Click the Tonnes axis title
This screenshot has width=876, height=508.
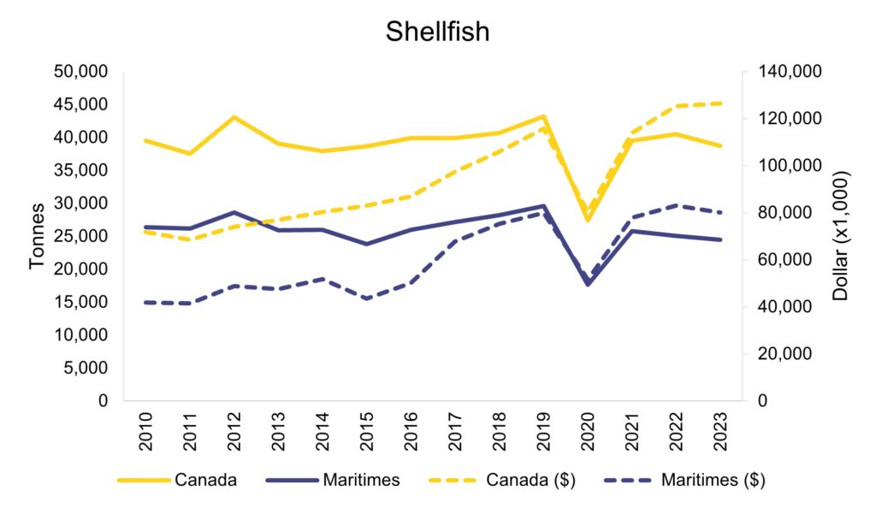click(37, 236)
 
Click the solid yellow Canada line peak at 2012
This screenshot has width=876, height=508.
click(234, 116)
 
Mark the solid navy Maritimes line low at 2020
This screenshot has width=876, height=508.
click(588, 284)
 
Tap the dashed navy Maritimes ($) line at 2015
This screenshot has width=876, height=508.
click(367, 298)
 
